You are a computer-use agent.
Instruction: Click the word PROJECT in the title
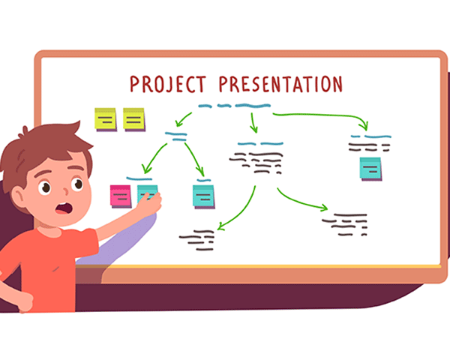pyautogui.click(x=168, y=84)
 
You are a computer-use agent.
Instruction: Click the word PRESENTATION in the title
pyautogui.click(x=280, y=84)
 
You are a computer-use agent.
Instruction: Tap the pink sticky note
pyautogui.click(x=121, y=196)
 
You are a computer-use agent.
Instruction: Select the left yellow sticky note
pyautogui.click(x=106, y=119)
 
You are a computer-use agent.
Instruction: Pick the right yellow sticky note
pyautogui.click(x=134, y=119)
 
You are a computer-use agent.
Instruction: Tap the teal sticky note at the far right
pyautogui.click(x=370, y=169)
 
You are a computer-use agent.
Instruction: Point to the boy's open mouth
pyautogui.click(x=64, y=208)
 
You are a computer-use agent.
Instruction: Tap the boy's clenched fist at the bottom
pyautogui.click(x=25, y=302)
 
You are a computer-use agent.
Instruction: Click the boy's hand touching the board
pyautogui.click(x=150, y=202)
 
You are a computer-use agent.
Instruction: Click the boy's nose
pyautogui.click(x=66, y=191)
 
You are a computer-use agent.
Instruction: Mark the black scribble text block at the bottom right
pyautogui.click(x=344, y=224)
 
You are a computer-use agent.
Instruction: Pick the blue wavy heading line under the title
pyautogui.click(x=234, y=106)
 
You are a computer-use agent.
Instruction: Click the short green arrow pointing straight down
pyautogui.click(x=253, y=123)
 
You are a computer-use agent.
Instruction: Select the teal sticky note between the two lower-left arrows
pyautogui.click(x=203, y=196)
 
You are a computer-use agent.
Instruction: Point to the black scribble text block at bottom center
pyautogui.click(x=196, y=240)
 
